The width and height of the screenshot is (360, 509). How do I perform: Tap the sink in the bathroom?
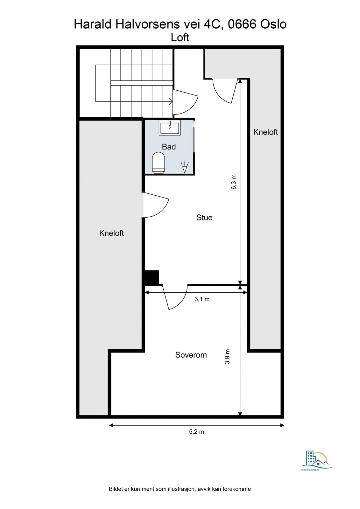tap(170, 128)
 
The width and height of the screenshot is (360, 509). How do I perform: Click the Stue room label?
tap(204, 218)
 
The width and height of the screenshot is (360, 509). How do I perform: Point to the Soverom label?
tap(191, 355)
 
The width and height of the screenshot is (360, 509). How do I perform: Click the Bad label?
tap(169, 147)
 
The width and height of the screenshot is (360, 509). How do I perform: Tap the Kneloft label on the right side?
tap(265, 132)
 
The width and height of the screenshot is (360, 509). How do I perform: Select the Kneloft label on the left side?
tap(111, 233)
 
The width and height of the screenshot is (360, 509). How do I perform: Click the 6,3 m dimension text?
tap(234, 182)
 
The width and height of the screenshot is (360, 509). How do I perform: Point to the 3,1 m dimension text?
tap(202, 299)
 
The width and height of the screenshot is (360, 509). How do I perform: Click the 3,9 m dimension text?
tap(227, 356)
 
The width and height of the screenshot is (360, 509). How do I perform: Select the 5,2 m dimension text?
tap(197, 432)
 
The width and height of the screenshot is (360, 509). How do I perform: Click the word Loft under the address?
tap(180, 38)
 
